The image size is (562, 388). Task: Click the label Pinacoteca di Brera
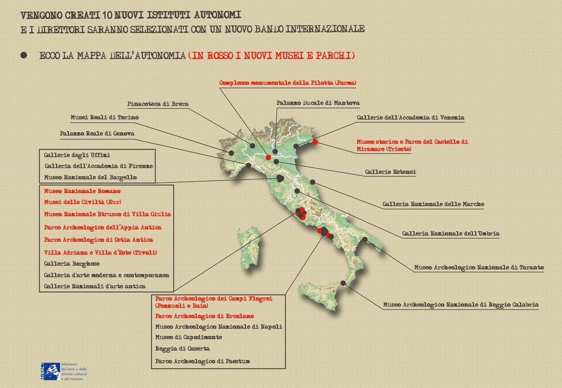(158, 104)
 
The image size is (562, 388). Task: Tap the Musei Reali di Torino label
(104, 118)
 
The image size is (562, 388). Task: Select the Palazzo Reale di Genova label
(97, 134)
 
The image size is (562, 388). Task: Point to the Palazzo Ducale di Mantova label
(318, 103)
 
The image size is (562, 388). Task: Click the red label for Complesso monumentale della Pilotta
(288, 83)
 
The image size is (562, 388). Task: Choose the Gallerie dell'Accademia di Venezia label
(410, 118)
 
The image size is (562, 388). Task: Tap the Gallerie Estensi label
(390, 172)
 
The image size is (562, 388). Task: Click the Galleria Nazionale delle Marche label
(433, 204)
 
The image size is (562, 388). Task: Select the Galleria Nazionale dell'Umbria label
(451, 233)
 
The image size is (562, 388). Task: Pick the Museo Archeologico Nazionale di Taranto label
(479, 267)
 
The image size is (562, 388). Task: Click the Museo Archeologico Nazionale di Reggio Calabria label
(461, 305)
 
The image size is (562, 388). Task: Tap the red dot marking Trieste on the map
(315, 142)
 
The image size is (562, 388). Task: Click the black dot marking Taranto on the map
(365, 239)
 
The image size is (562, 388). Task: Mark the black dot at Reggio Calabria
(343, 283)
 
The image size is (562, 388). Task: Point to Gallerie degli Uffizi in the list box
(77, 155)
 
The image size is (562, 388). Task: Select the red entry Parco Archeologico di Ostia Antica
(98, 240)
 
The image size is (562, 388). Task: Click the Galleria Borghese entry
(72, 264)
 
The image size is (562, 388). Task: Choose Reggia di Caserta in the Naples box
(182, 349)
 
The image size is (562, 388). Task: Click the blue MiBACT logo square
(50, 372)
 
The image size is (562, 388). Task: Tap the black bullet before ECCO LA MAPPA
(24, 55)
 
